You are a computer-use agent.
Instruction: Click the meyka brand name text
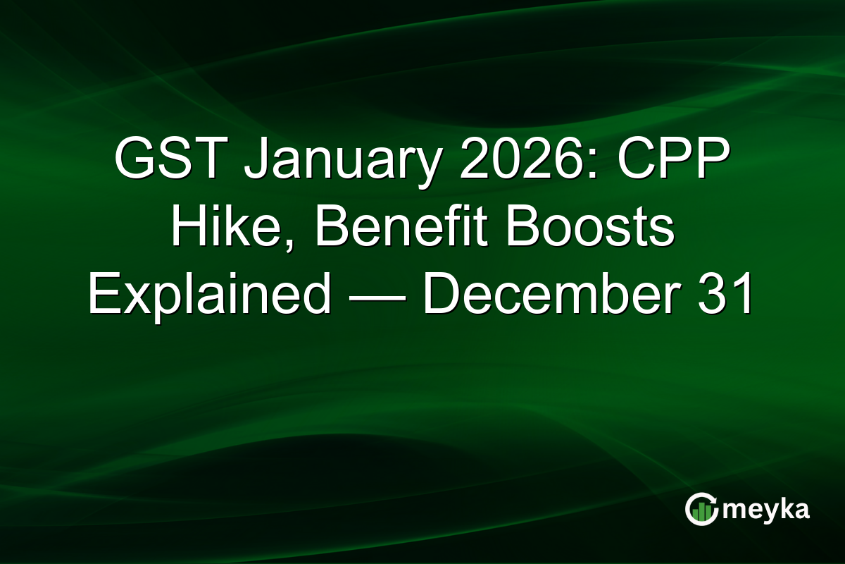(x=766, y=510)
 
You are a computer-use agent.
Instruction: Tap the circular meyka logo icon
(x=702, y=510)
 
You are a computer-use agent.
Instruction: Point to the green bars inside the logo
(x=701, y=513)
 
